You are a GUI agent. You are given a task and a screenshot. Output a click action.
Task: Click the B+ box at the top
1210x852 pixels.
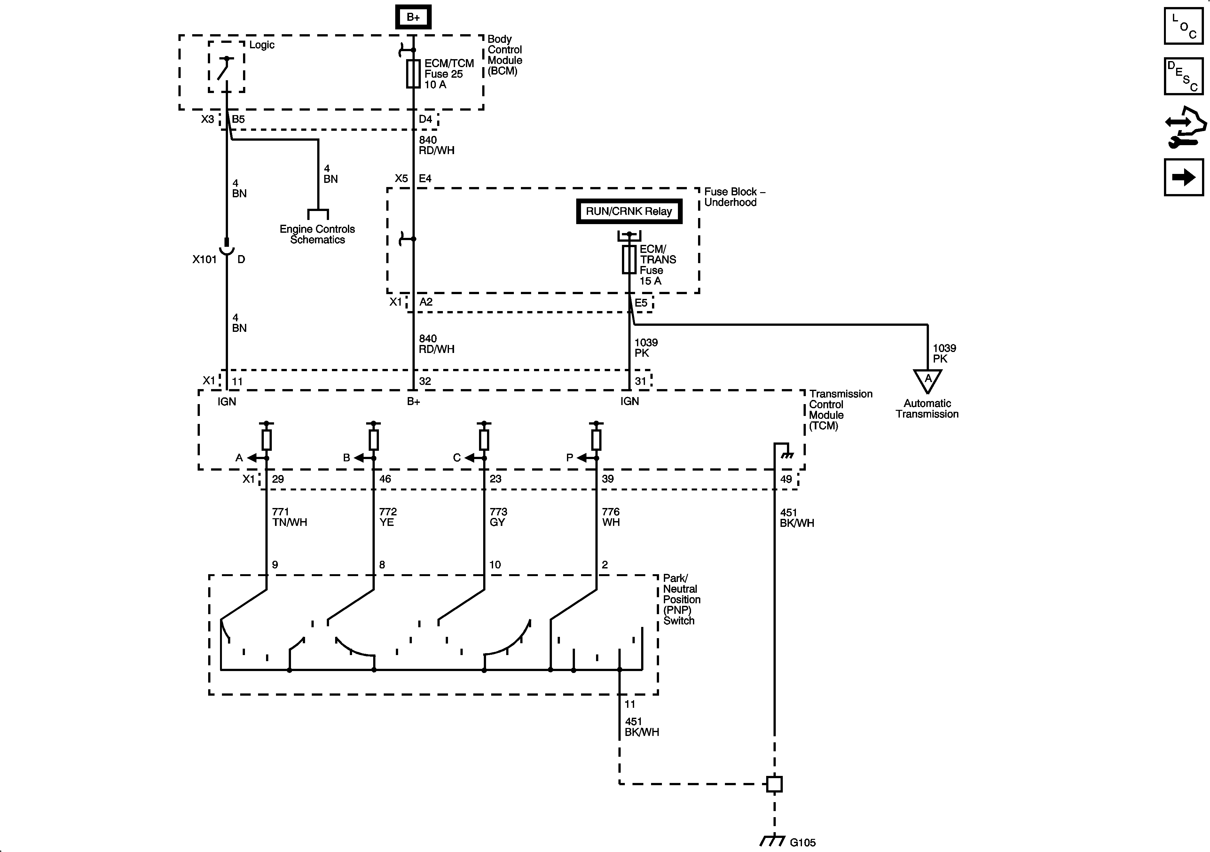[x=413, y=17]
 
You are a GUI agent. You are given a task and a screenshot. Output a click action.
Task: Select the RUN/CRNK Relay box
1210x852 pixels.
[x=629, y=211]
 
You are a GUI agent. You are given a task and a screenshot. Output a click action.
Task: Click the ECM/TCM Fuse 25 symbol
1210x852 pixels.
[x=413, y=73]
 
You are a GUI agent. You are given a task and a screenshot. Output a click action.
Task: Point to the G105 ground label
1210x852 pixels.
[x=802, y=842]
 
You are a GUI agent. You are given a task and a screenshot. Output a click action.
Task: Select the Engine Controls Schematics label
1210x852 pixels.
[x=317, y=234]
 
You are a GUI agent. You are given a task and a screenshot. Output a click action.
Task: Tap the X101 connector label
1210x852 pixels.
[x=204, y=259]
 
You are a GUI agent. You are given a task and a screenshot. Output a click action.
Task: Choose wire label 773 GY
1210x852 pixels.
[x=498, y=517]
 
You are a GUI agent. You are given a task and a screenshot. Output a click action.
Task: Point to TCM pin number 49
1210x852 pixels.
[x=786, y=479]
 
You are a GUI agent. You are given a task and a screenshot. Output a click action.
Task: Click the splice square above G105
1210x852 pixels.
[x=774, y=784]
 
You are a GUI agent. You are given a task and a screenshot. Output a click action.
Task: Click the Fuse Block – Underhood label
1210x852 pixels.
[x=734, y=197]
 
